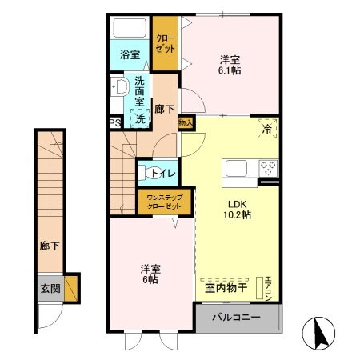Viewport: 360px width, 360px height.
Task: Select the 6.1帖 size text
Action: click(230, 70)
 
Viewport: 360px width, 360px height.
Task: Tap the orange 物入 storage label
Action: click(185, 123)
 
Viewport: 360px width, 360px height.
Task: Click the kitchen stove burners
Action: click(266, 169)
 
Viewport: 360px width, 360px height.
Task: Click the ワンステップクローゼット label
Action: click(163, 202)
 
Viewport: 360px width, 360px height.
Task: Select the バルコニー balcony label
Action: click(238, 317)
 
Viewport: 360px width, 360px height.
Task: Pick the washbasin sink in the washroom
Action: click(121, 87)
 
